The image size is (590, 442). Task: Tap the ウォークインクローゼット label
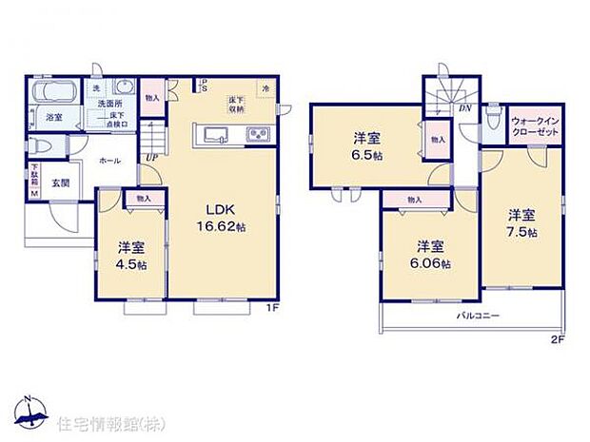click(537, 127)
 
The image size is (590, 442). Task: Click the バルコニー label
click(473, 314)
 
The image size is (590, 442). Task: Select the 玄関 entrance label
click(60, 183)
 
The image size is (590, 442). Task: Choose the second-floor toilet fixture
click(491, 121)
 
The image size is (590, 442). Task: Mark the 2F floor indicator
click(557, 338)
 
